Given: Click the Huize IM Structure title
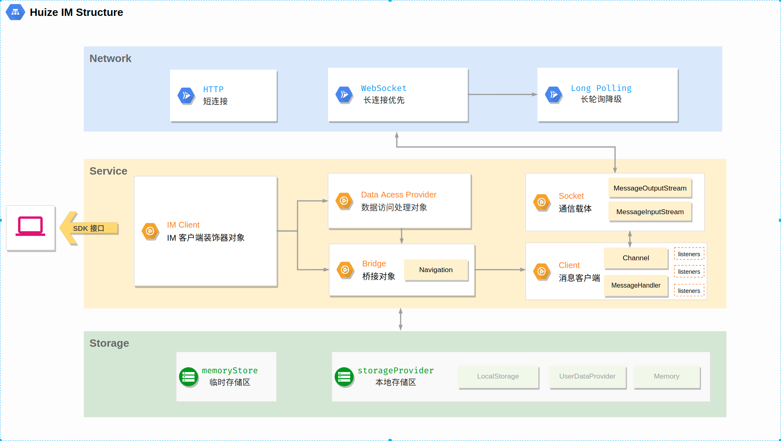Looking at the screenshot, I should [x=76, y=13].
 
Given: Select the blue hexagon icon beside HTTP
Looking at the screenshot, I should [x=186, y=96].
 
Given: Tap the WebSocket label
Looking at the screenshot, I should [x=384, y=88].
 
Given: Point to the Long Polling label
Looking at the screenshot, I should [x=601, y=88].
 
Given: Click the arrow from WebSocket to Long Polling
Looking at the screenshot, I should [x=502, y=95].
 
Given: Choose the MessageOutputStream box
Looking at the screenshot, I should [x=650, y=188].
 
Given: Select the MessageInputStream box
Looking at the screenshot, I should [x=650, y=212].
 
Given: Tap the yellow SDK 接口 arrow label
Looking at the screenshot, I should [x=89, y=228].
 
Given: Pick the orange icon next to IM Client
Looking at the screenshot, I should [x=150, y=231].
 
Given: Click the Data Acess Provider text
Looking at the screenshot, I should [x=398, y=195].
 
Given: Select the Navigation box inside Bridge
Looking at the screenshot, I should [x=435, y=270].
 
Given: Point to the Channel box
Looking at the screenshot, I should [x=635, y=258].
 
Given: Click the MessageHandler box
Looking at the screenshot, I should [x=635, y=285].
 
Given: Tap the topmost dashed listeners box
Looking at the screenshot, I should [x=689, y=254].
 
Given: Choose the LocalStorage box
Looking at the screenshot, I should [x=498, y=376].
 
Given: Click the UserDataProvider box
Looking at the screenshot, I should [x=587, y=376].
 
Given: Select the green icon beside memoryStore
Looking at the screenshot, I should [x=189, y=377].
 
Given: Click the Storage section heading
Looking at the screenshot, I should [x=109, y=343].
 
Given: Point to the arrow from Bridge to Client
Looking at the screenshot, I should [x=500, y=270].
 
